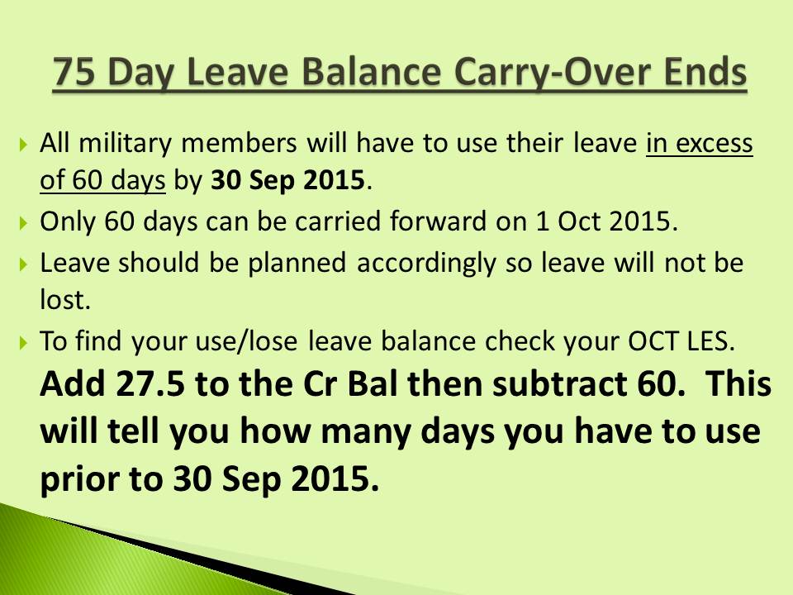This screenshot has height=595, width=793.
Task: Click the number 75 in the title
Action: [79, 74]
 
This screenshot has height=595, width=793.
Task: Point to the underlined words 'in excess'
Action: [699, 144]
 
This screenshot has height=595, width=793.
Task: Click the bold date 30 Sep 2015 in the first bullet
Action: [287, 181]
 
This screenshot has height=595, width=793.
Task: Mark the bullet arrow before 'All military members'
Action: [23, 145]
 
